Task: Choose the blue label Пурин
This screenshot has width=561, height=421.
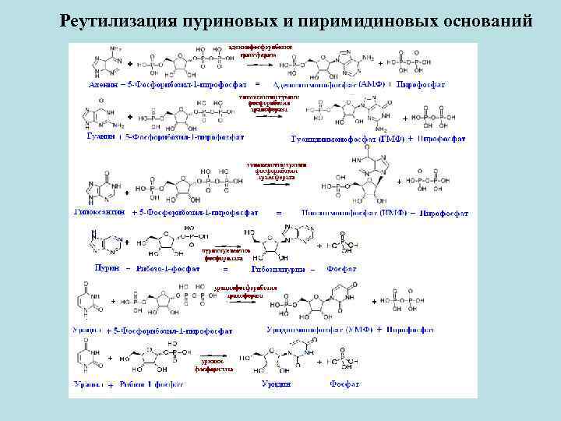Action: (x=106, y=268)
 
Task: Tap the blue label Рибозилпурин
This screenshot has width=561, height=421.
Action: (x=277, y=268)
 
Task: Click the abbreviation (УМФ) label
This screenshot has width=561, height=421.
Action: (x=358, y=330)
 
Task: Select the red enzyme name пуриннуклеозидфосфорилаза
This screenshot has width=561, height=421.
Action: (x=224, y=254)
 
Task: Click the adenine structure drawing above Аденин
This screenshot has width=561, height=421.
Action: (x=101, y=61)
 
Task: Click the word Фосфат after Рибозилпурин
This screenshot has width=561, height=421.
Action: (x=342, y=268)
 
